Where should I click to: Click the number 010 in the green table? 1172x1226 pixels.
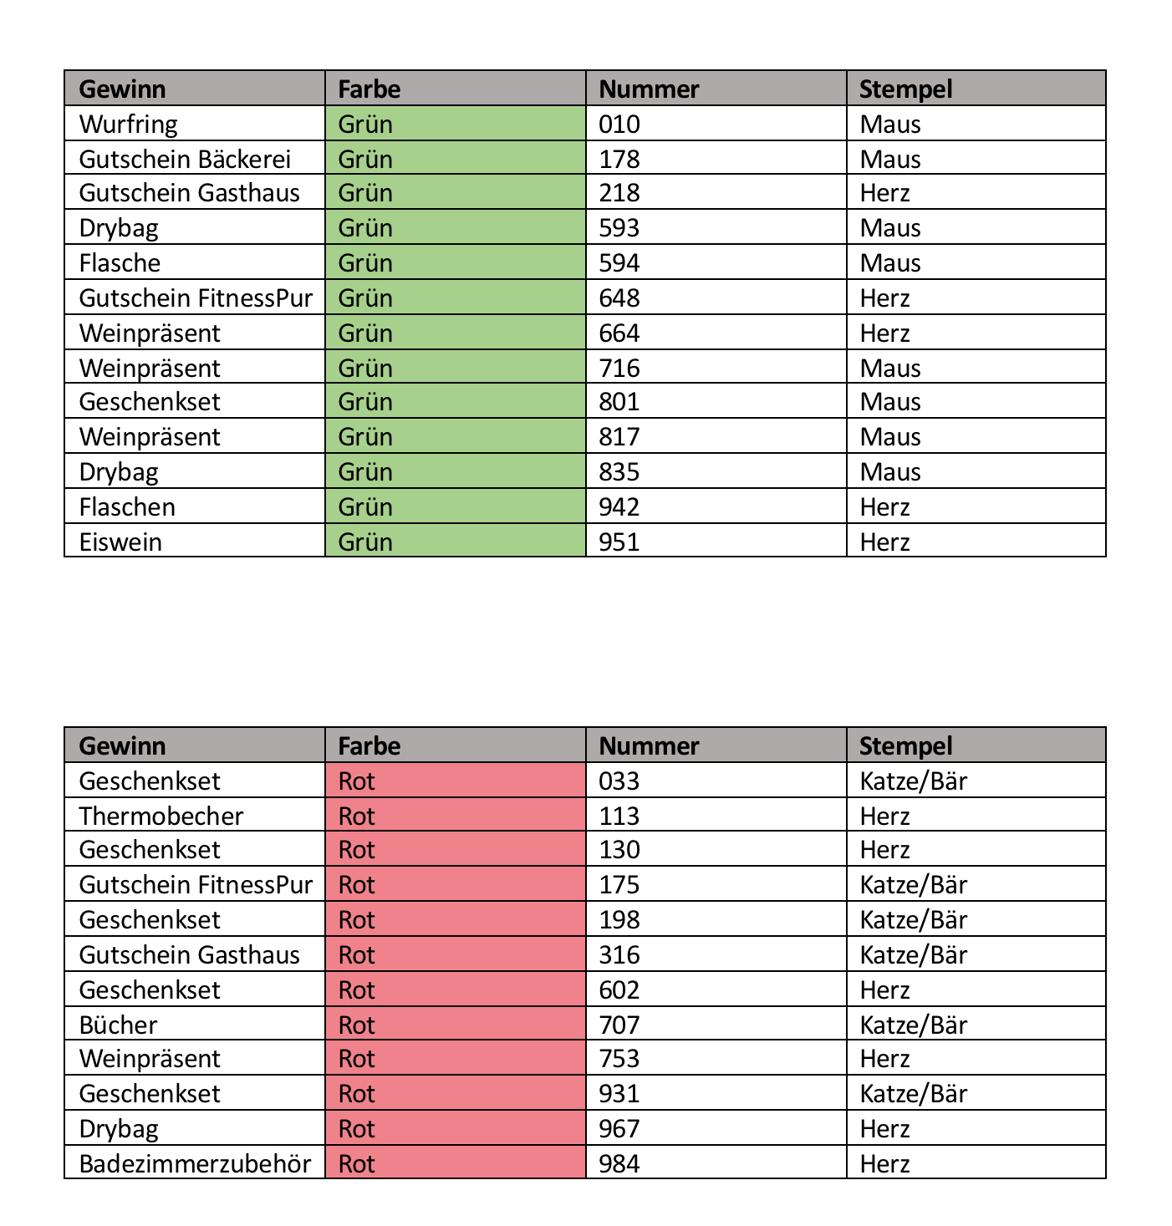[x=619, y=125]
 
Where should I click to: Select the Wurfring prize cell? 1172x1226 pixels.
[x=129, y=125]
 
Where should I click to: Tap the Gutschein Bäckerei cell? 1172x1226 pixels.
[x=185, y=159]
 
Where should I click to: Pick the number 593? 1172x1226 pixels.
[x=619, y=228]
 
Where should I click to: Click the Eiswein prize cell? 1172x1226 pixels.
[x=120, y=542]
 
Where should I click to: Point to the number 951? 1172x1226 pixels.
[x=619, y=542]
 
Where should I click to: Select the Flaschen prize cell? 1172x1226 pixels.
[x=127, y=507]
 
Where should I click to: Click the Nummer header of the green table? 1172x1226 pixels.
[x=649, y=89]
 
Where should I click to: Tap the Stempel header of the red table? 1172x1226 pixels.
[x=905, y=745]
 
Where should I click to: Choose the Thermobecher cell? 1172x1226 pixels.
[x=161, y=816]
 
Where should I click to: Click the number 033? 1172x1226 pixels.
[x=619, y=781]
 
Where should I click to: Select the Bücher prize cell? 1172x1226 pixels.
[x=118, y=1025]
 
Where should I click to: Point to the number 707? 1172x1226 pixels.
[x=619, y=1025]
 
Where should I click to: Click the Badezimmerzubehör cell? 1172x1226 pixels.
[x=195, y=1164]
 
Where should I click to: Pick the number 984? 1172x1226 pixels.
[x=619, y=1164]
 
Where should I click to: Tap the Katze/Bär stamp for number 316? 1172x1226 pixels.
[x=913, y=955]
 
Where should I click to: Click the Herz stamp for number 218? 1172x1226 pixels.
[x=884, y=193]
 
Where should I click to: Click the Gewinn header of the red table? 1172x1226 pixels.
[x=122, y=745]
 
